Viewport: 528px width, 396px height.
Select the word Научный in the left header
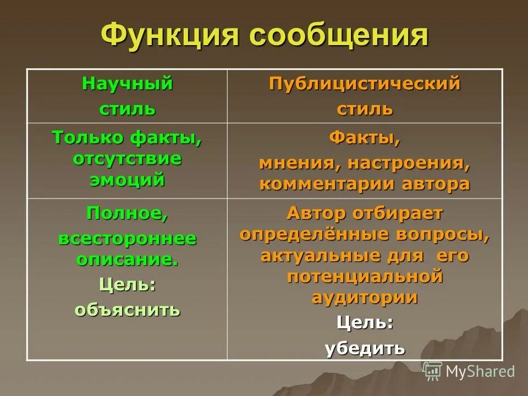click(x=128, y=84)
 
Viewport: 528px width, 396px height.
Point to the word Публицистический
click(x=365, y=84)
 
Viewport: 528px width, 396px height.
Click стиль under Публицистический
click(x=365, y=108)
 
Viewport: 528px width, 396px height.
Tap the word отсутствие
click(x=128, y=158)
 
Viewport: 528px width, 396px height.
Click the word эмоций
click(x=128, y=179)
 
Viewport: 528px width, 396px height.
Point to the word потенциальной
click(x=365, y=276)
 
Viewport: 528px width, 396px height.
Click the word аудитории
click(x=365, y=297)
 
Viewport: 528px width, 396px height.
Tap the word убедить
click(x=365, y=348)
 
